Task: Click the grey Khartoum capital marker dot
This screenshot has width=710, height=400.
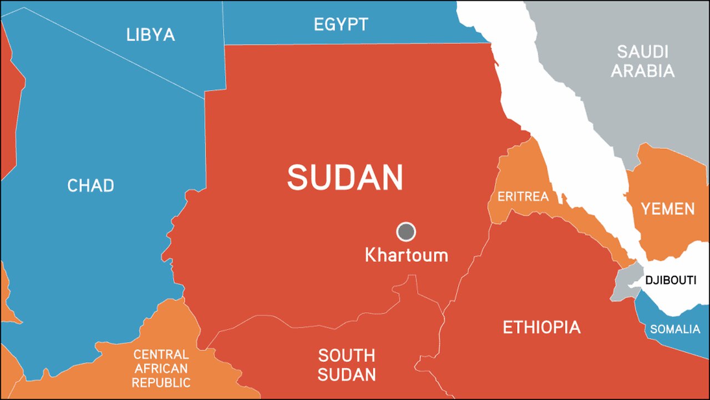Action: (x=406, y=232)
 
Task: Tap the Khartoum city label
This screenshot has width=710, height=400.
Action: (x=406, y=256)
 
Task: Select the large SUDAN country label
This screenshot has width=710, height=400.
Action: (x=344, y=178)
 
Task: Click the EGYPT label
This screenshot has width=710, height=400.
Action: (x=341, y=24)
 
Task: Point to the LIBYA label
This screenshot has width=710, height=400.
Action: (x=150, y=35)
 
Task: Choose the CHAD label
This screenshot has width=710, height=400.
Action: (x=90, y=186)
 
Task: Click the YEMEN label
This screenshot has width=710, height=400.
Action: (x=667, y=209)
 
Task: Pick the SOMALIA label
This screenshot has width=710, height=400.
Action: (x=675, y=329)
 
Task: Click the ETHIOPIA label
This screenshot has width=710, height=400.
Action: (x=541, y=327)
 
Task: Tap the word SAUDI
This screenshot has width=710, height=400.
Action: (x=643, y=52)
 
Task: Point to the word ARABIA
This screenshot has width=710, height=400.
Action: (x=643, y=71)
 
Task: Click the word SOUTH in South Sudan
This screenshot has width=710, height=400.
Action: (x=347, y=355)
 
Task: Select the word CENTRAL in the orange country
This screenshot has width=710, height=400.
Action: (x=161, y=354)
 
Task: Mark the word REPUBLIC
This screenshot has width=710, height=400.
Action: (x=161, y=383)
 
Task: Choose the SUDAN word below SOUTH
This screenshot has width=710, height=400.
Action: (x=347, y=374)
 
